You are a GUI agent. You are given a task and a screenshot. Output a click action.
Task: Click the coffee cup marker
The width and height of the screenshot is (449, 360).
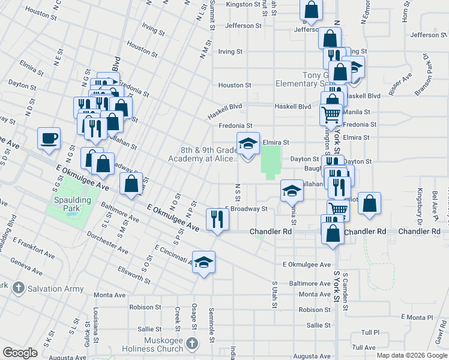click(49, 138)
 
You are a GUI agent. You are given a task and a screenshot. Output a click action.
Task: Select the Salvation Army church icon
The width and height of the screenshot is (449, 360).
click(19, 288)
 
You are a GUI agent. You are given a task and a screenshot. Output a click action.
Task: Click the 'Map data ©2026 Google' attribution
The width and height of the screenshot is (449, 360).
click(411, 355)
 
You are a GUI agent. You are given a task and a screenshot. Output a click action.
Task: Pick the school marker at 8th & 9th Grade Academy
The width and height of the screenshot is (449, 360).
click(249, 143)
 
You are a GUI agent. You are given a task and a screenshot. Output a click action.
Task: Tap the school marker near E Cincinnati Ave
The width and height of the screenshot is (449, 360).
click(204, 262)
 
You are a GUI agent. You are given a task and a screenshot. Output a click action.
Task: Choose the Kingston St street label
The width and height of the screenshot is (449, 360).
click(244, 5)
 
